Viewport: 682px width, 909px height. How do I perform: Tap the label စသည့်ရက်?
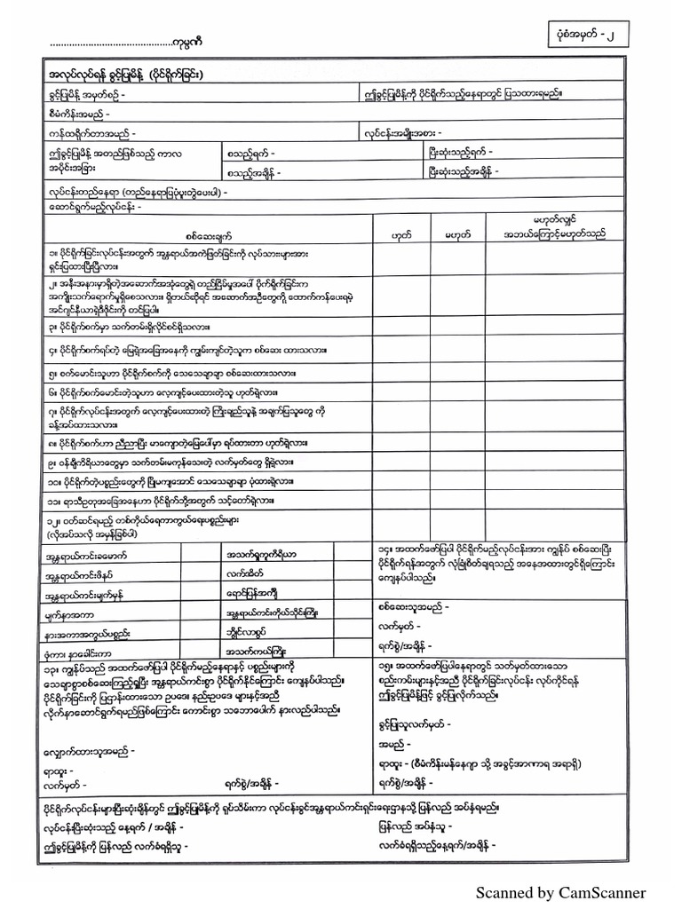pyautogui.click(x=252, y=153)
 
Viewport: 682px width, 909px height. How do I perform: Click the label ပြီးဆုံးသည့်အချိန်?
pyautogui.click(x=463, y=171)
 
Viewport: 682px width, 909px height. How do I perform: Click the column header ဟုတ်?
pyautogui.click(x=400, y=234)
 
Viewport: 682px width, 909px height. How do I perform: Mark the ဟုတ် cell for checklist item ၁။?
pyautogui.click(x=400, y=262)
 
